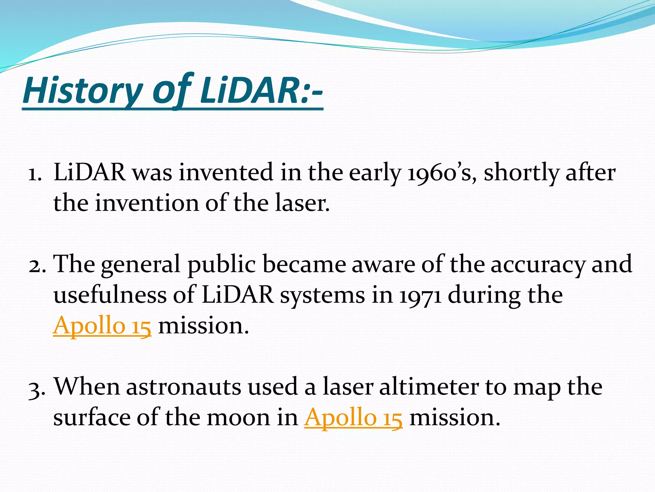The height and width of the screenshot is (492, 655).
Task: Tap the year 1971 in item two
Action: click(x=420, y=295)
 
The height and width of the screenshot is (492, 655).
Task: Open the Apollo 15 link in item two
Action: click(x=102, y=326)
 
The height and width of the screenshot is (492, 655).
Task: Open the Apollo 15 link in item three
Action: click(x=353, y=418)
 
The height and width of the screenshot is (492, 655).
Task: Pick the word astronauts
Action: click(x=183, y=387)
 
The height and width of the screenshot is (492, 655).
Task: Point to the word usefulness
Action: click(x=110, y=295)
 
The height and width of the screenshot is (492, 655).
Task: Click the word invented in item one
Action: click(x=225, y=173)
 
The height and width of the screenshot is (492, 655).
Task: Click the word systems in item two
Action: click(x=322, y=295)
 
